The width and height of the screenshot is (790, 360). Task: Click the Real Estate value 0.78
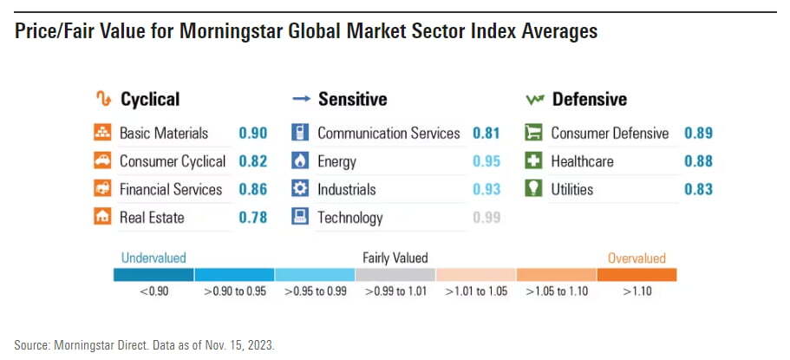pos(252,218)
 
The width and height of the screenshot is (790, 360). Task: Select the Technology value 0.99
pos(486,218)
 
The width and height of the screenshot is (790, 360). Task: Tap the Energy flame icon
pos(300,161)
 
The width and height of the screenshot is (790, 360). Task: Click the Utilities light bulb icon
pos(534,189)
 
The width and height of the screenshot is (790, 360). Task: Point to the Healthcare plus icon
pos(534,161)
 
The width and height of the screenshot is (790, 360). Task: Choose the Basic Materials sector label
pos(164,134)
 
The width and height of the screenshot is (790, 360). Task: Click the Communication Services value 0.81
pos(486,134)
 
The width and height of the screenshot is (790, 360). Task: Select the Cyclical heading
pos(150,99)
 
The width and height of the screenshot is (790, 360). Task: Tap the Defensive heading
pos(589,99)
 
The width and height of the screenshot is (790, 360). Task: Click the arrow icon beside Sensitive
pos(301,100)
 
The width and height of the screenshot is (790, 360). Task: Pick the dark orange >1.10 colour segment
pos(637,275)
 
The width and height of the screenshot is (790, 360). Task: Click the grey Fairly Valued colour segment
pos(395,275)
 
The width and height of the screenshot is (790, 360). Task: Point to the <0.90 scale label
pos(153,291)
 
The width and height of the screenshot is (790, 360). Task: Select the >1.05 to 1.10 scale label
pos(556,291)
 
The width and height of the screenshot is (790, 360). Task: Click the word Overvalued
pos(637,259)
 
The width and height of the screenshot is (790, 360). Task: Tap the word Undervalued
pos(153,259)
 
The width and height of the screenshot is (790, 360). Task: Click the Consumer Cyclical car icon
pos(102,161)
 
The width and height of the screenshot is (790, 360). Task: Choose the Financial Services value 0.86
pos(252,189)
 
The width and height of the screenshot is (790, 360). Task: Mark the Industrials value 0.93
pos(486,189)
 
